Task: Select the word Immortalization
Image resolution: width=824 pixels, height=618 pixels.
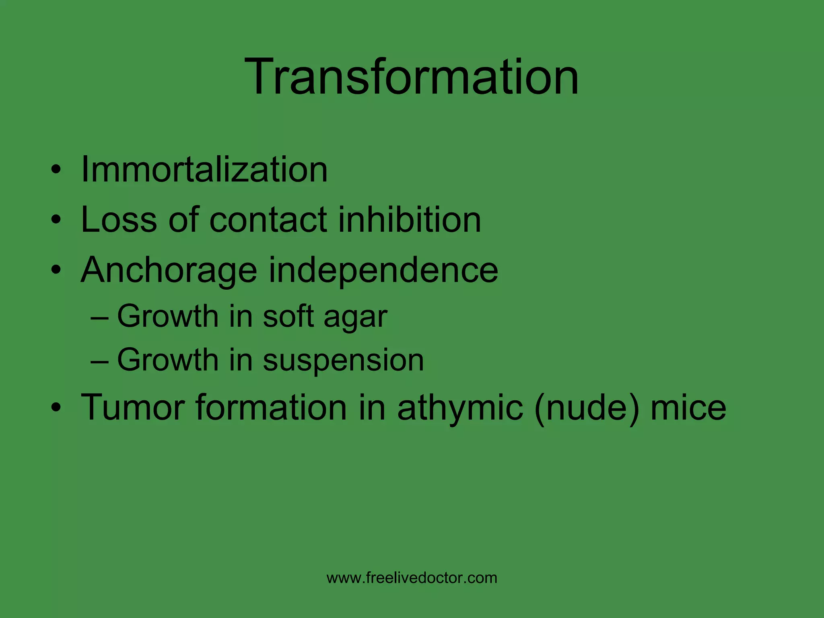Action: (x=204, y=169)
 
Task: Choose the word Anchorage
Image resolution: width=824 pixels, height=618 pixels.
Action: (x=169, y=270)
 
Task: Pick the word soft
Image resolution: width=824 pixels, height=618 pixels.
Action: (x=288, y=316)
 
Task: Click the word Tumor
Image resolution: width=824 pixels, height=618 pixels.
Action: (x=133, y=407)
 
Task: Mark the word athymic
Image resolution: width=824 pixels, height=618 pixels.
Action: (x=460, y=408)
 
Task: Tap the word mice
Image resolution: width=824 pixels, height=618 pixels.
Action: (x=688, y=407)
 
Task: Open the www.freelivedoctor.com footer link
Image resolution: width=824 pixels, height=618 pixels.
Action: (x=412, y=578)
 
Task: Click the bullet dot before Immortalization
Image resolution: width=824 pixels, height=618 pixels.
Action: (x=56, y=170)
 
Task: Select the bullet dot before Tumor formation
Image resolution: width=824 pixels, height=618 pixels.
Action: (x=56, y=408)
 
